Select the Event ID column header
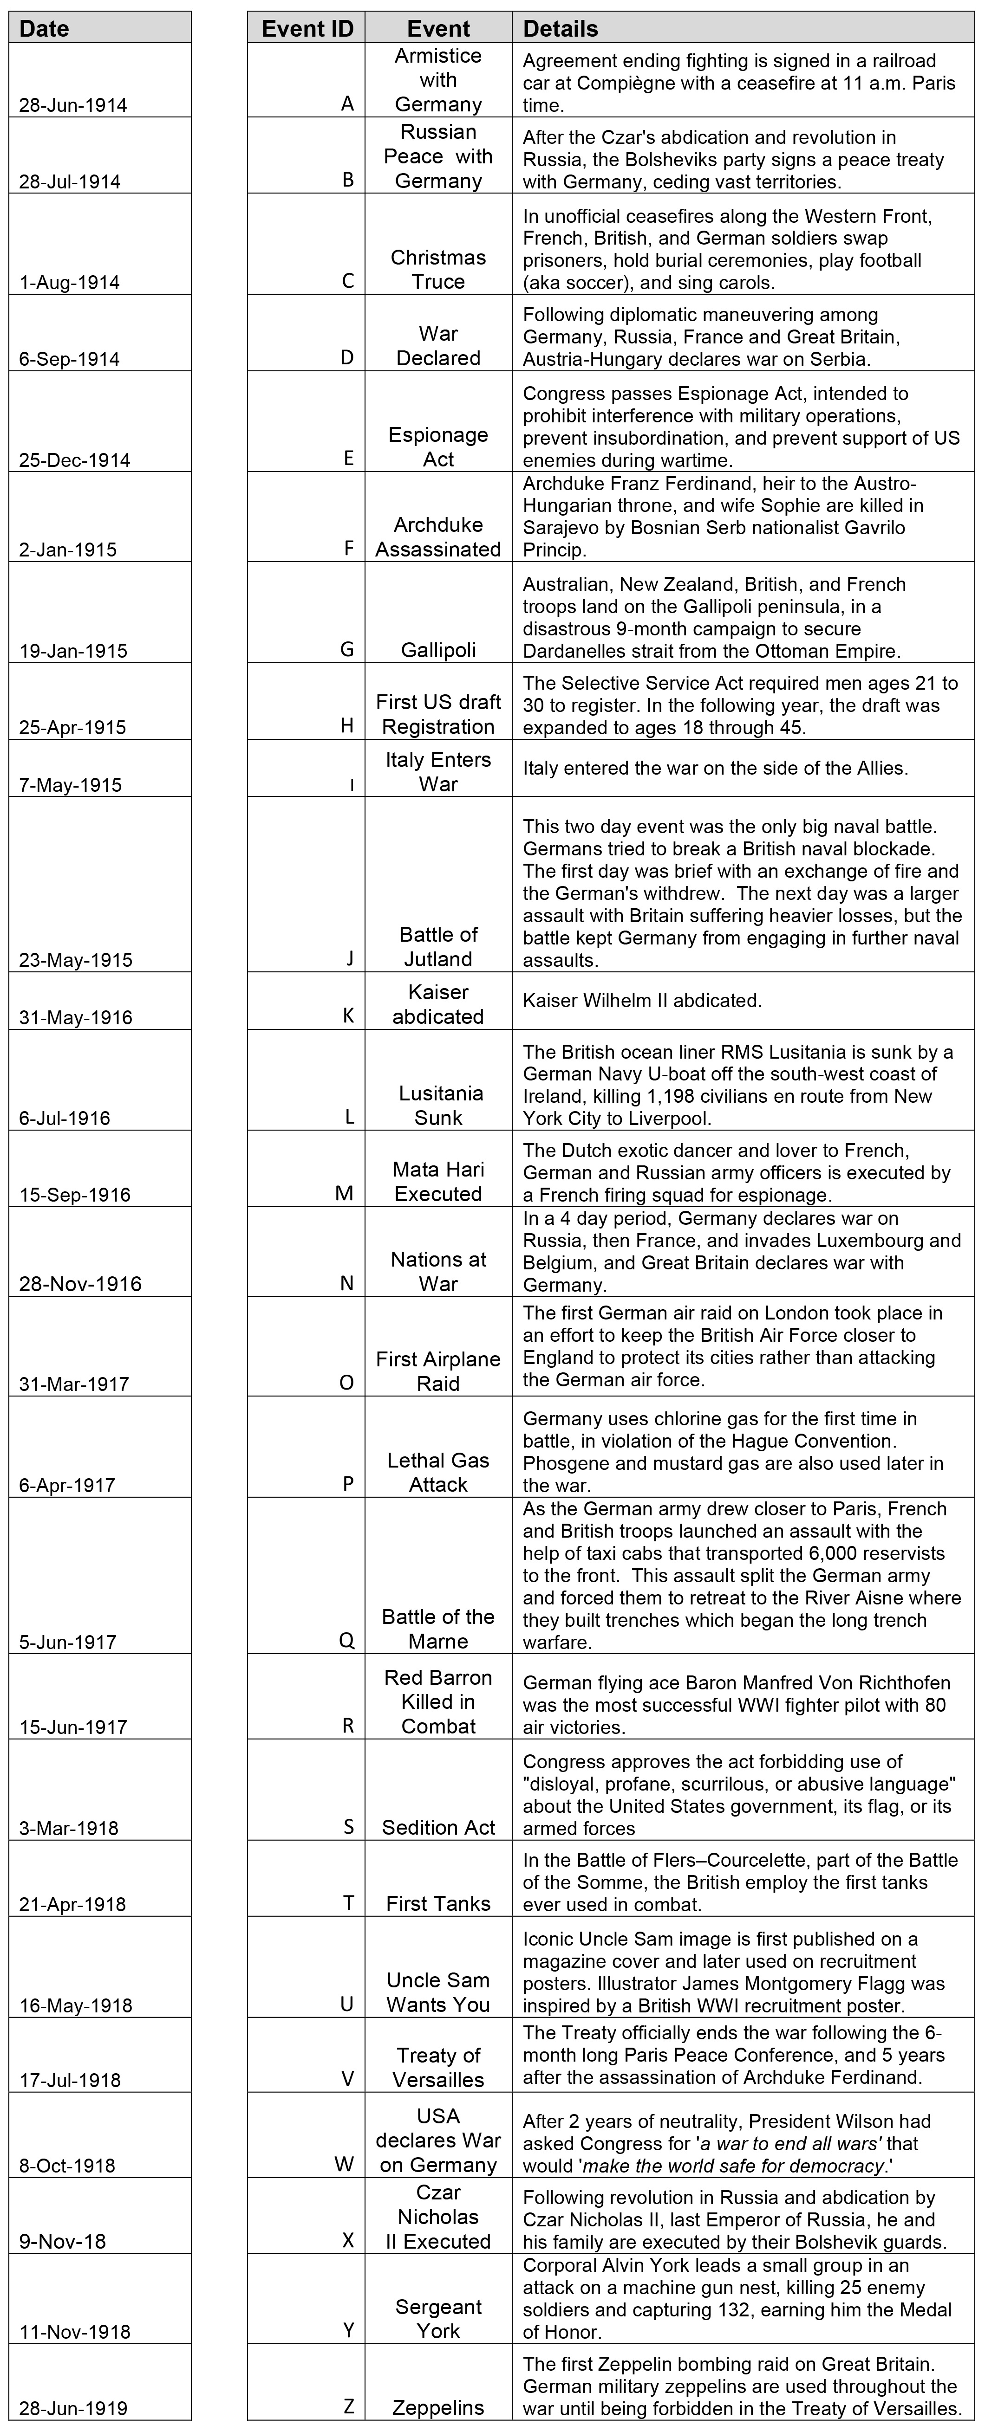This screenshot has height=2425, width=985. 307,28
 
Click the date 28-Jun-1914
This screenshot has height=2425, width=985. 73,104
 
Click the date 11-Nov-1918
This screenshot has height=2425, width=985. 75,2332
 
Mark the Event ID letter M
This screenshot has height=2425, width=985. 345,1194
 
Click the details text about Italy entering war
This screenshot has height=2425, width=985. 715,768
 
